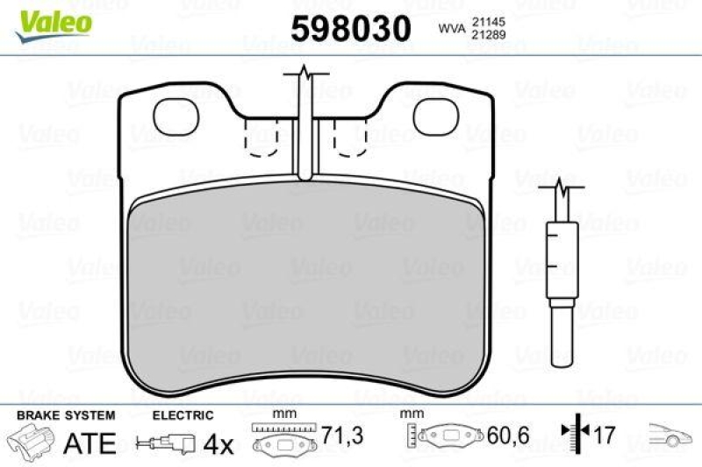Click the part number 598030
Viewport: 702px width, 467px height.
click(x=351, y=29)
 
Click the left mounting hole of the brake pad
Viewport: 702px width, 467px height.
click(x=176, y=116)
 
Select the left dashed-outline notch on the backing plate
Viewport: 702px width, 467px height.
click(x=261, y=138)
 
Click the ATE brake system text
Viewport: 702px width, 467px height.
click(x=90, y=443)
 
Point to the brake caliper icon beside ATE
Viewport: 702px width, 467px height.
click(x=32, y=442)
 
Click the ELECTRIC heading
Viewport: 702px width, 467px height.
click(x=183, y=414)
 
